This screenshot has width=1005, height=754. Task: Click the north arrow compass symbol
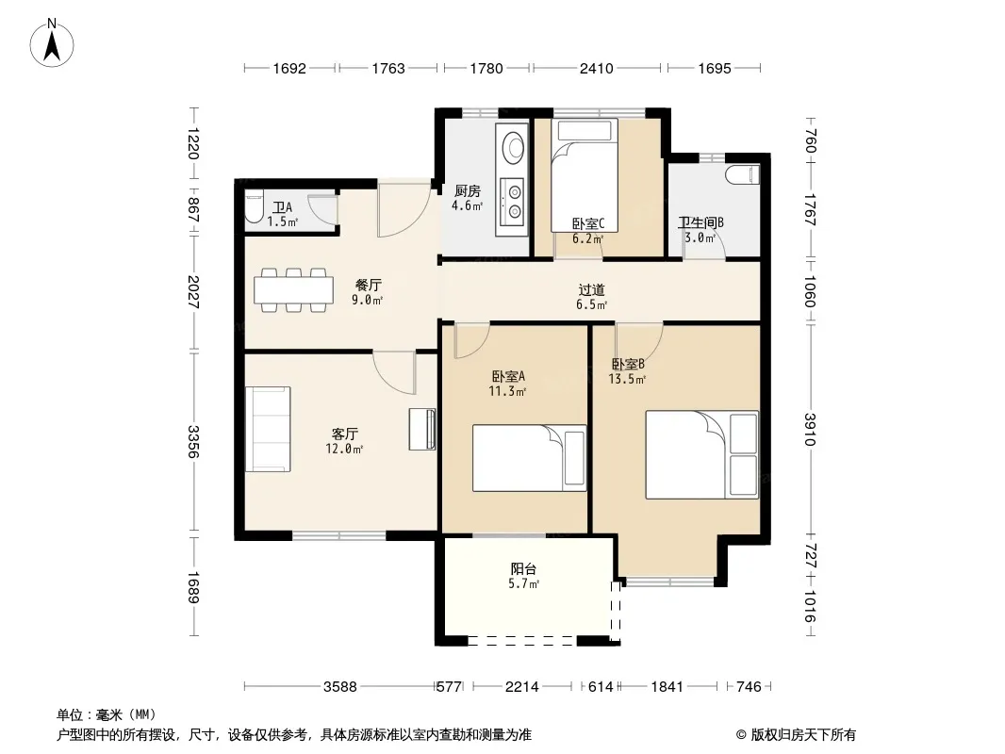[52, 43]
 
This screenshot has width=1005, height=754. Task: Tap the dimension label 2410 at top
[596, 68]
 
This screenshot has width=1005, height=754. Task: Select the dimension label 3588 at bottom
[339, 687]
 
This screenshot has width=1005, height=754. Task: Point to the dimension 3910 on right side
[811, 429]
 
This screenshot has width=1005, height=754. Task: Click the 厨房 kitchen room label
[468, 191]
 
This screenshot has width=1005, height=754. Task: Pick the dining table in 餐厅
[293, 290]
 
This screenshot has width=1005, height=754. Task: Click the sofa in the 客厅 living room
[268, 429]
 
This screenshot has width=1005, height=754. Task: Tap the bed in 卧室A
[530, 458]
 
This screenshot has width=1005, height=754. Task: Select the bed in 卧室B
[701, 455]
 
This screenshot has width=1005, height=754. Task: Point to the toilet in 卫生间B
[742, 173]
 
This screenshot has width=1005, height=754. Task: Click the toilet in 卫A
[254, 206]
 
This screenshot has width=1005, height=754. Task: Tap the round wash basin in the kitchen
[513, 147]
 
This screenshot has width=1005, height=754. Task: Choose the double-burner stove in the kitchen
[514, 201]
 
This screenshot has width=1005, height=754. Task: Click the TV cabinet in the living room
[423, 429]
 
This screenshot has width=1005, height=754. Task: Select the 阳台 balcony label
[523, 569]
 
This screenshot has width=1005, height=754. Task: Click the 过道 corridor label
[591, 290]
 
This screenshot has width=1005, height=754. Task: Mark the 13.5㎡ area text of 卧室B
[627, 379]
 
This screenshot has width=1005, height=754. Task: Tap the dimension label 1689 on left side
[193, 587]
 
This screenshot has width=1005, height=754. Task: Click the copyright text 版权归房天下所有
[803, 735]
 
